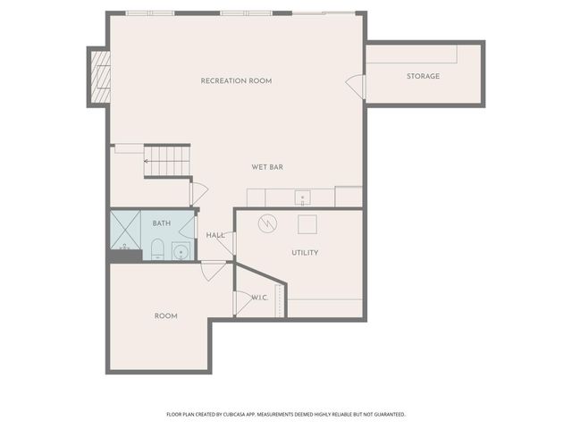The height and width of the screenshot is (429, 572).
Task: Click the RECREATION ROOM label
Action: tap(236, 81)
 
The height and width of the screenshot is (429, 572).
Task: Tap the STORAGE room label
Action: tap(423, 76)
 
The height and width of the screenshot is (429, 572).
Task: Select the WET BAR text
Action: tap(267, 167)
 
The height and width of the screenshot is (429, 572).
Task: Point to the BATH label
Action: tap(162, 223)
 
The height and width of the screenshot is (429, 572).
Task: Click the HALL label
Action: tap(215, 235)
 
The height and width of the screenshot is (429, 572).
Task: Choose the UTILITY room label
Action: tap(305, 253)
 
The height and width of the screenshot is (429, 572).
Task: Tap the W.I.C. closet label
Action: tap(259, 298)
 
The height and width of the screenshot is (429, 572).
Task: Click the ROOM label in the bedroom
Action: tap(165, 316)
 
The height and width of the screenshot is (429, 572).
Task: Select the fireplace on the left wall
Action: tap(100, 76)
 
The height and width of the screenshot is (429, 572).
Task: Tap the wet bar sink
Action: tap(303, 197)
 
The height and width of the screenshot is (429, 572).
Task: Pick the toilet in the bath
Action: tap(156, 248)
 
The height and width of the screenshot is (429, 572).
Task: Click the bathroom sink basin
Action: tap(181, 251)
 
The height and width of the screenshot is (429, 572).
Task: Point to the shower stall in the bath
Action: tap(124, 230)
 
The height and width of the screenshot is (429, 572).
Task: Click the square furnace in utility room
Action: tap(307, 223)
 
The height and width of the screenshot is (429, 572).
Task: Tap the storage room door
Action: tap(357, 87)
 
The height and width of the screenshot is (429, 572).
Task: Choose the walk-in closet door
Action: tap(240, 303)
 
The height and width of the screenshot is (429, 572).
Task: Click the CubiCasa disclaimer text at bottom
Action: tap(286, 415)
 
